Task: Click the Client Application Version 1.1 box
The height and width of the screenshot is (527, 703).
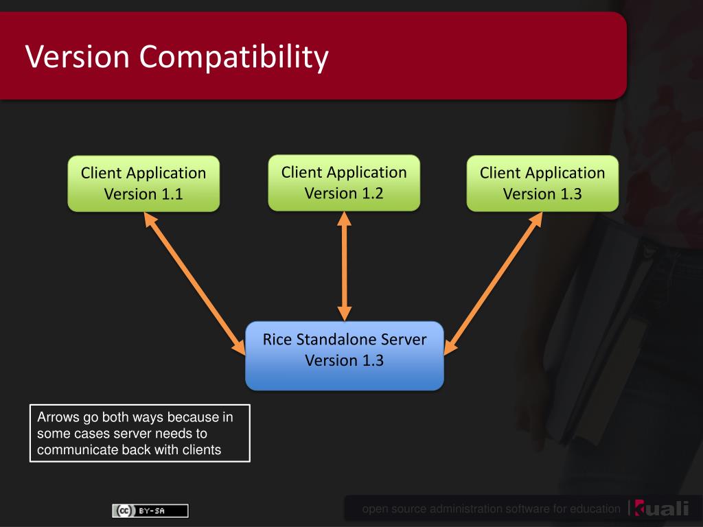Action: [x=143, y=183]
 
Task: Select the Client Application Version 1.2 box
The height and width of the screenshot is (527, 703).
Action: [x=344, y=183]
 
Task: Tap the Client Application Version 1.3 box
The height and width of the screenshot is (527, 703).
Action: [x=542, y=183]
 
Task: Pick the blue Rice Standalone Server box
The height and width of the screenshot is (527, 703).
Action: [x=345, y=355]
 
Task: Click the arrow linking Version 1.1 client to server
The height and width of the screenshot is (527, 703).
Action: [x=194, y=283]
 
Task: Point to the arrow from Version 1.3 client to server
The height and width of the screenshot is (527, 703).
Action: [x=493, y=283]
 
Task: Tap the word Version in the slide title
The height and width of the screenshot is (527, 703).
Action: [x=78, y=57]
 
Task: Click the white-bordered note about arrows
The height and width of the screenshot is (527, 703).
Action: [x=140, y=433]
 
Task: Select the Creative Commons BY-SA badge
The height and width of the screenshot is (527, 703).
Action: [x=150, y=511]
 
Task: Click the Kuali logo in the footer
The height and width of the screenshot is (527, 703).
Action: [x=661, y=508]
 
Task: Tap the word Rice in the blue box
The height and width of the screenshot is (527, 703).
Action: [x=277, y=340]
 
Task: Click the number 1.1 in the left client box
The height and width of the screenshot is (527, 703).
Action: [x=172, y=194]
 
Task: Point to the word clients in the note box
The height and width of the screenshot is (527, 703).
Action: [x=201, y=450]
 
